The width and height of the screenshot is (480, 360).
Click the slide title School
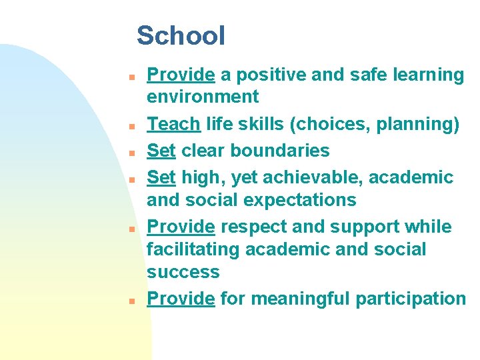pyautogui.click(x=181, y=35)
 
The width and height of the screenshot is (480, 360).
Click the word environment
pyautogui.click(x=203, y=97)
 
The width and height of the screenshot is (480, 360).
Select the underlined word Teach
pyautogui.click(x=173, y=124)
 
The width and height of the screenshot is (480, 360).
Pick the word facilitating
pyautogui.click(x=193, y=250)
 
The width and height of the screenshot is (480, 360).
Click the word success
pyautogui.click(x=183, y=272)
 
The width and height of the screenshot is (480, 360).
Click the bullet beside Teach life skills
pyautogui.click(x=133, y=125)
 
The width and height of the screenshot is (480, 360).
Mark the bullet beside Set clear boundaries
pyautogui.click(x=133, y=152)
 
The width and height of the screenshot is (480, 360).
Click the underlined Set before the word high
pyautogui.click(x=161, y=177)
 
